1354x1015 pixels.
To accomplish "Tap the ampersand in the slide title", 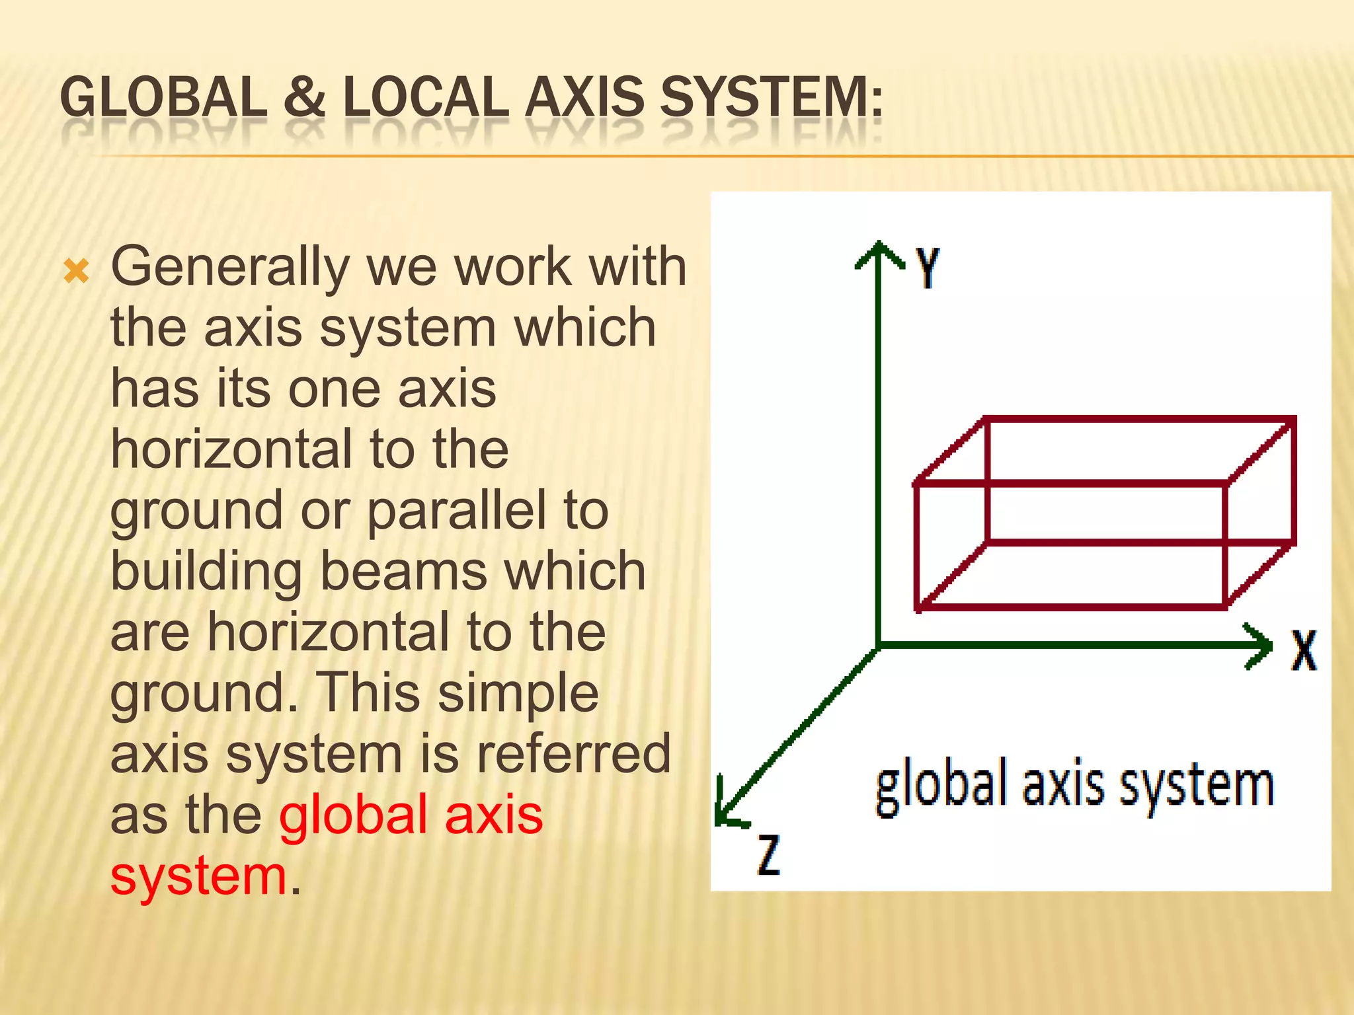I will [305, 98].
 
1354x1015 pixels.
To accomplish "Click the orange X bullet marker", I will [76, 271].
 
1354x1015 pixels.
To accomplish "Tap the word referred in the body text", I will [573, 754].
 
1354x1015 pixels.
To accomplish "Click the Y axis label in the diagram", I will [928, 267].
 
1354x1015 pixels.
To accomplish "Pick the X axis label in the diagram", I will [1304, 651].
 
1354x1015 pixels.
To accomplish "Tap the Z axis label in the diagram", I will [768, 855].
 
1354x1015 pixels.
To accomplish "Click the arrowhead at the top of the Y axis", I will [878, 251].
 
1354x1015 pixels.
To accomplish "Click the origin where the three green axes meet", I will [878, 645].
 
